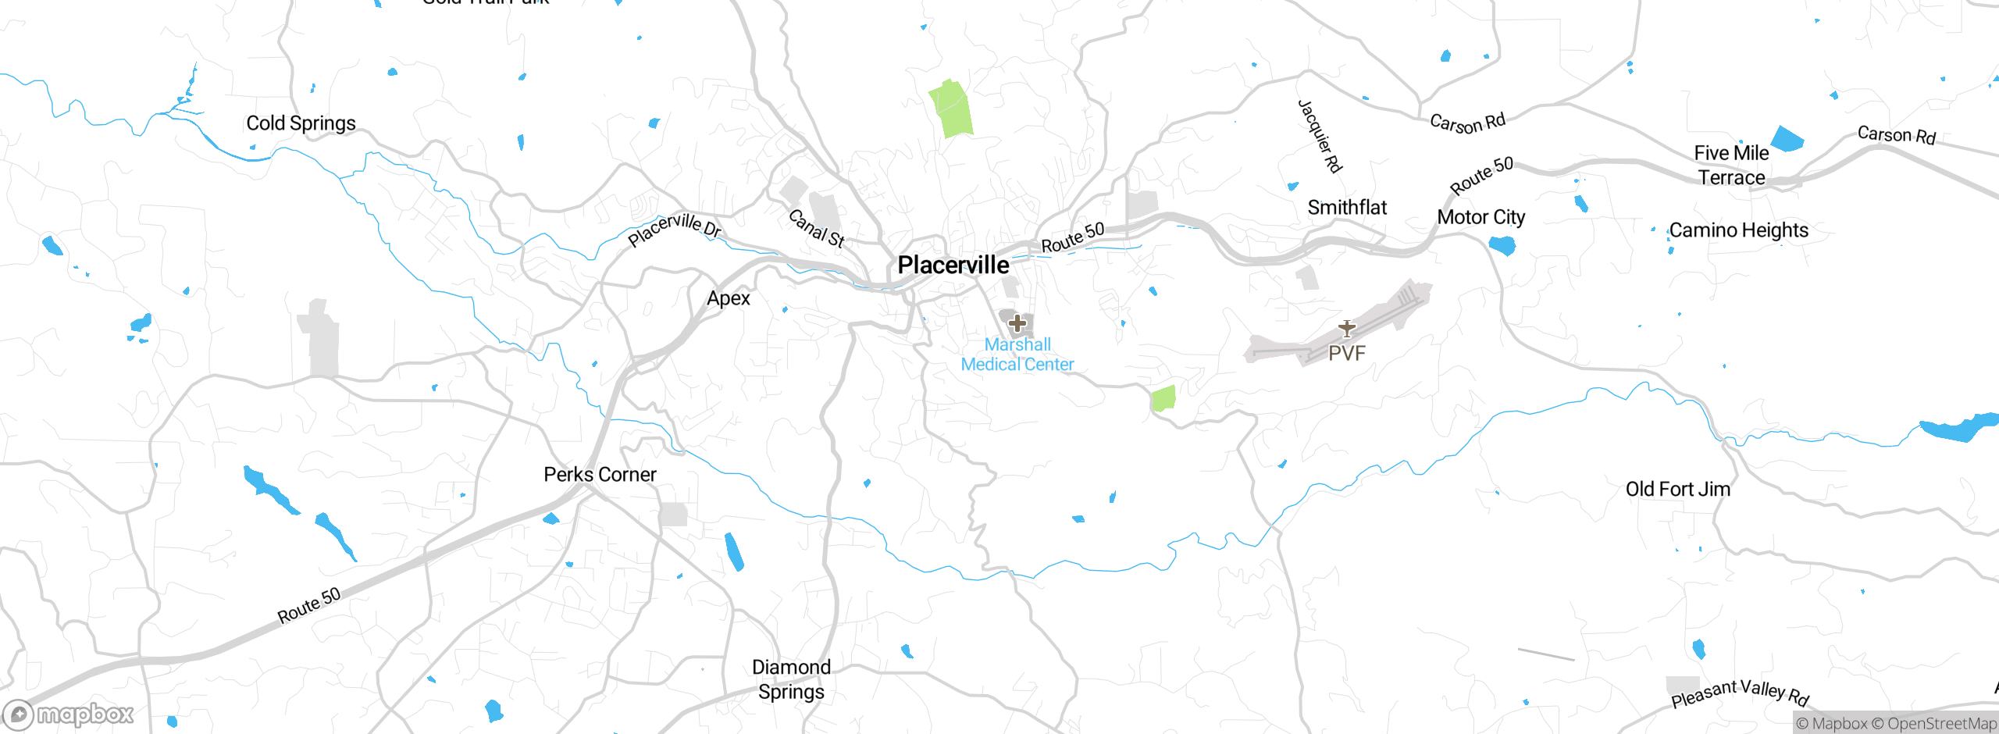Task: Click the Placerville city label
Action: pos(953,265)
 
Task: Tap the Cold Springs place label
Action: pos(301,123)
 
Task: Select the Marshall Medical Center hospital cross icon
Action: pos(1017,322)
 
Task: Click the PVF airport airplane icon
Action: pos(1346,328)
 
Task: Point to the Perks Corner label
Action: pos(600,474)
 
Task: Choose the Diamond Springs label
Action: pos(791,679)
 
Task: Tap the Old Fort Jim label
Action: pos(1677,490)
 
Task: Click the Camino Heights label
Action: pos(1738,230)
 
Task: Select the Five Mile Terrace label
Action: pos(1731,166)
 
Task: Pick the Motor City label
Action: pos(1481,217)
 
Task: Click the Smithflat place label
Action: pos(1347,208)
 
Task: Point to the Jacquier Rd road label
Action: pos(1320,136)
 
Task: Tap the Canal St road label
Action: pos(816,228)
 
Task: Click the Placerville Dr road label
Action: pos(675,229)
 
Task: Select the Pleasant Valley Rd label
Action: pos(1740,693)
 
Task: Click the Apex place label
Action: pos(728,298)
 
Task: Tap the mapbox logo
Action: pos(69,714)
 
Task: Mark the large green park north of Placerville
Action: pos(951,109)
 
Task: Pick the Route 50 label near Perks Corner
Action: pos(309,605)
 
